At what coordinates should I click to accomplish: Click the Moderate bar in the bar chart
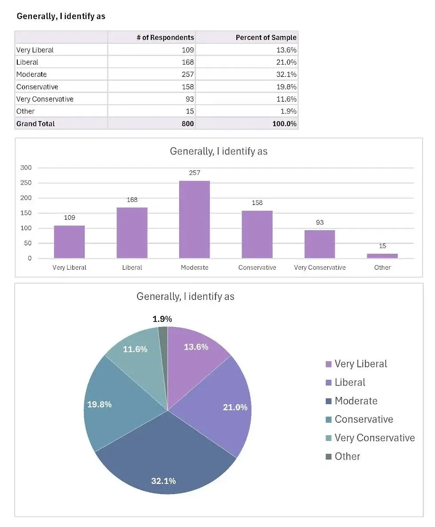pos(194,220)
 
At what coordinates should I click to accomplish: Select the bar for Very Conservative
pos(320,244)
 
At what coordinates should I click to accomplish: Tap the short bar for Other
pos(382,256)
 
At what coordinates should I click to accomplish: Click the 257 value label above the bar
pos(194,173)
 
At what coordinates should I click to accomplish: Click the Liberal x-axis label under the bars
pos(132,267)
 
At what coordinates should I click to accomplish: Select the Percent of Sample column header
pos(266,37)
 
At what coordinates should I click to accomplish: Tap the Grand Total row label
pos(35,124)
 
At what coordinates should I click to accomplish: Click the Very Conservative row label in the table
pos(45,99)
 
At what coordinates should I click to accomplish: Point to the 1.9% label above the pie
pos(162,319)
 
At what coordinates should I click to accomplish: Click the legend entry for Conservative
pos(364,419)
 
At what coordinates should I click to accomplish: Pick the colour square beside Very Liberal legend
pos(329,364)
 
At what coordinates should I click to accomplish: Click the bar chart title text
pos(219,151)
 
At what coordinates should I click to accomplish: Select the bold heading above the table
pos(61,16)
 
